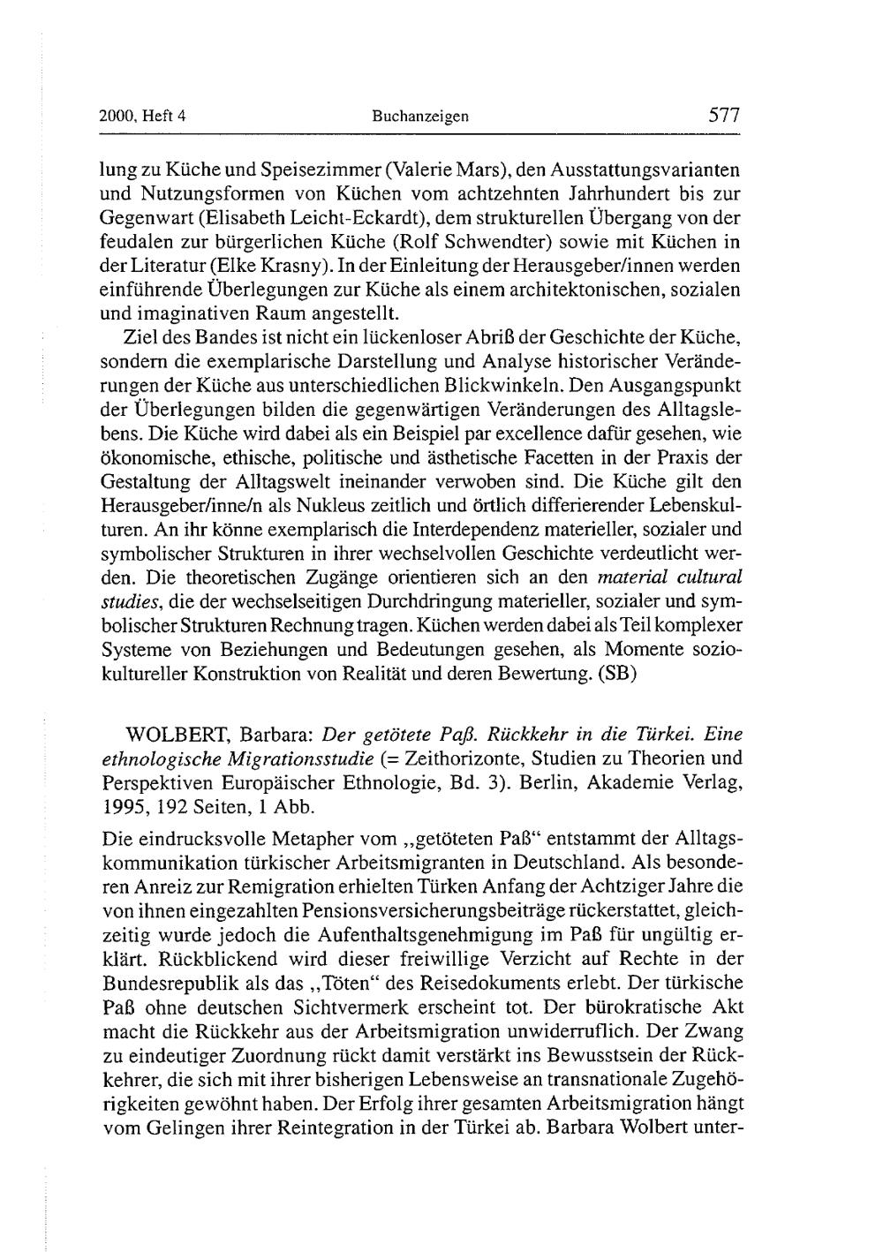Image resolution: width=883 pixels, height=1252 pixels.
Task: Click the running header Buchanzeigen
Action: click(419, 116)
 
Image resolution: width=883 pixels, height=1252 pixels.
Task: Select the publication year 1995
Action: click(124, 807)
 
